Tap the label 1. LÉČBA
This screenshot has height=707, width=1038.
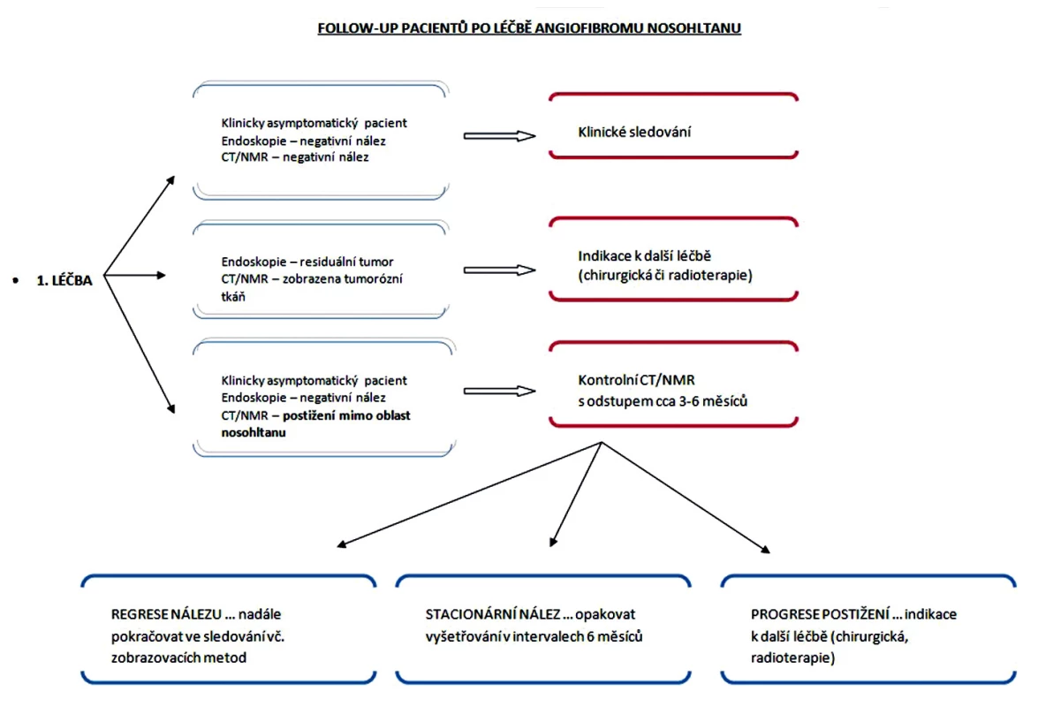64,281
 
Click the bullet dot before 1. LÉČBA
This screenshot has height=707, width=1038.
16,281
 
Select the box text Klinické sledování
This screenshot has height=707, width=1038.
634,132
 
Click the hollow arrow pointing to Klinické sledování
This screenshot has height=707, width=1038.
499,136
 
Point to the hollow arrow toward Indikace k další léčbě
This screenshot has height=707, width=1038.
499,270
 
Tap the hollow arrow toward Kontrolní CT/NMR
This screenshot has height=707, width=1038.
499,392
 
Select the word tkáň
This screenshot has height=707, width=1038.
233,297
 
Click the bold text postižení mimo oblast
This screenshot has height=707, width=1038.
346,415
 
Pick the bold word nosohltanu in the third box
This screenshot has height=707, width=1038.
254,432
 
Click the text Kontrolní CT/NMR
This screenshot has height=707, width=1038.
636,380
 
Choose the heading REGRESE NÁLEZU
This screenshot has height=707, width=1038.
166,614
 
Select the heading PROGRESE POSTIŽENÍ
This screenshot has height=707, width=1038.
820,614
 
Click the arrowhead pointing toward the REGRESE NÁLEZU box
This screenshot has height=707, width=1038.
341,544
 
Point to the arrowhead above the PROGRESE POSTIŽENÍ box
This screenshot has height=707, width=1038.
766,550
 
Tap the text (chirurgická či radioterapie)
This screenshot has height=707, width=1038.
665,276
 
